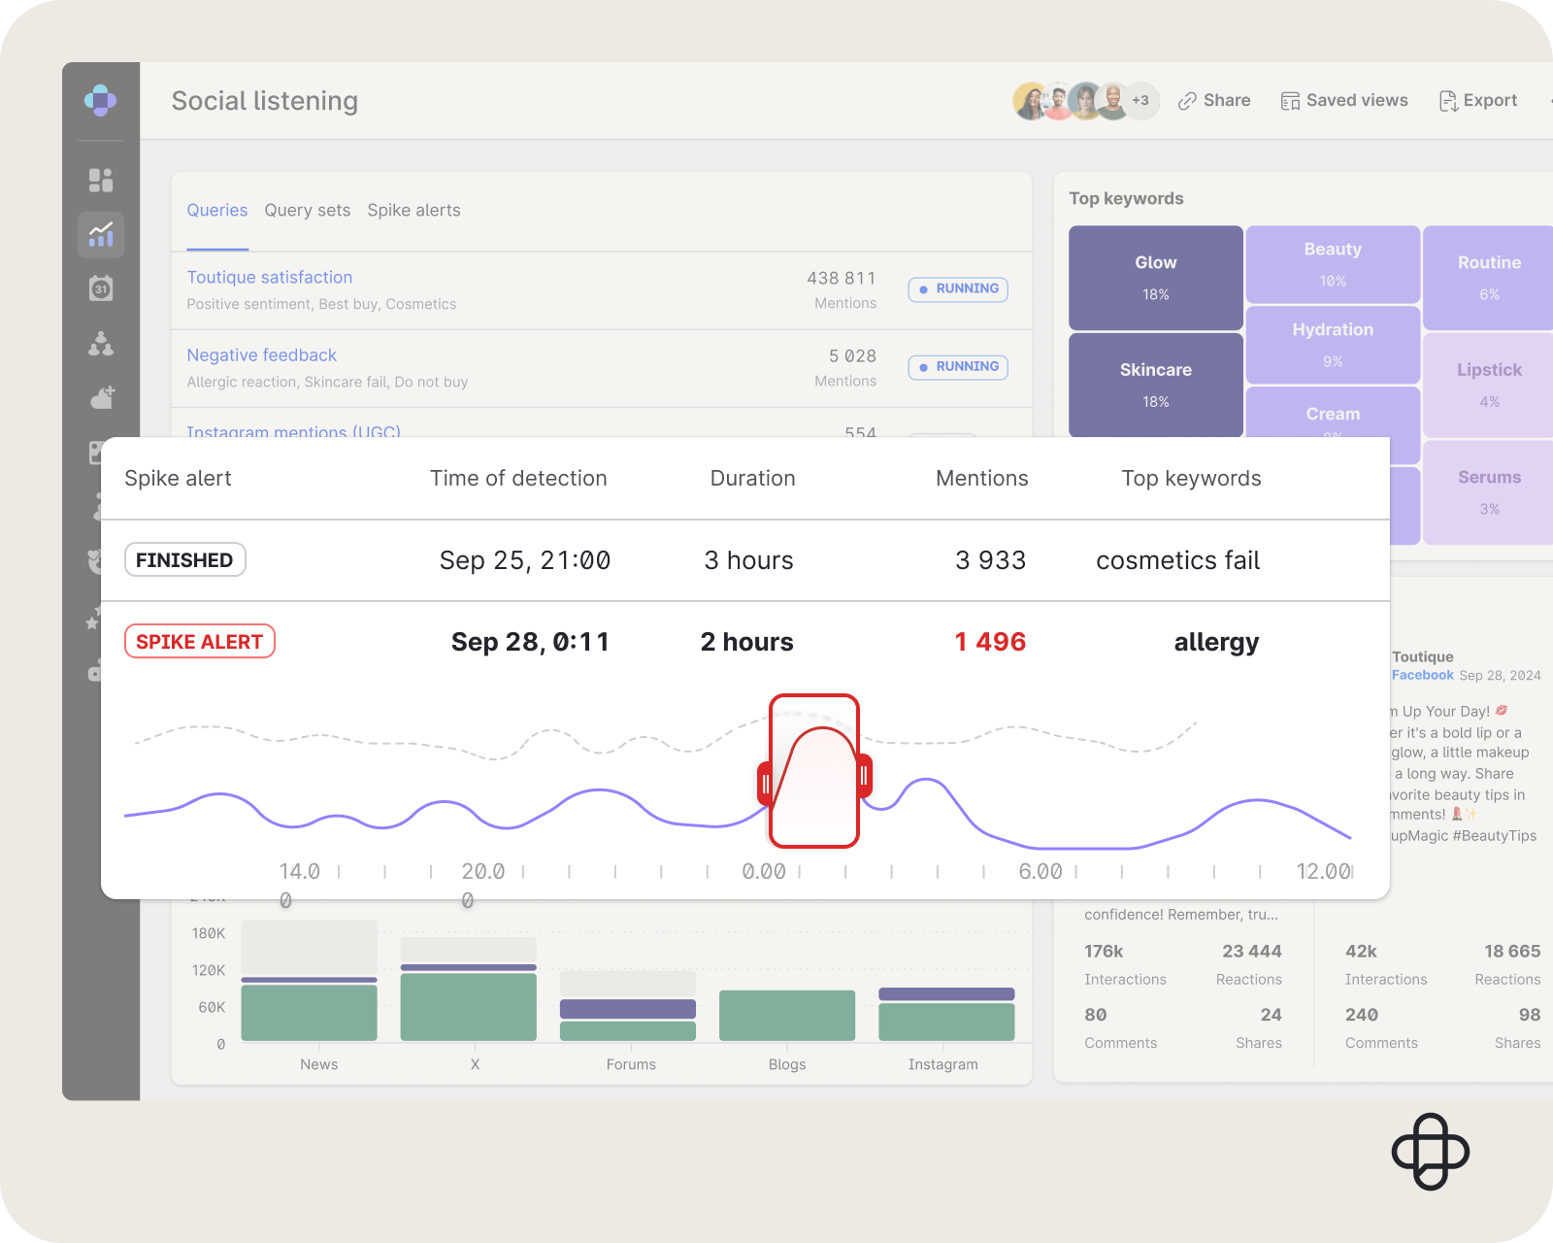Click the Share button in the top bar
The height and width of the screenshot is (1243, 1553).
tap(1214, 101)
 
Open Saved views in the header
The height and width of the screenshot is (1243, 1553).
tap(1344, 101)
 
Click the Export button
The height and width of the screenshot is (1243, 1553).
tap(1478, 101)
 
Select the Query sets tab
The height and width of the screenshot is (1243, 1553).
tap(307, 211)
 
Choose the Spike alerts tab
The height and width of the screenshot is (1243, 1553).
tap(413, 211)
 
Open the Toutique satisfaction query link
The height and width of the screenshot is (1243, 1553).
tap(270, 278)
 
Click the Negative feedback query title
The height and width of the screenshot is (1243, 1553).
tap(262, 355)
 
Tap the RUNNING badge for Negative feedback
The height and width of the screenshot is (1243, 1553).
tap(958, 367)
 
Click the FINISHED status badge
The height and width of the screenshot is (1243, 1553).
tap(184, 560)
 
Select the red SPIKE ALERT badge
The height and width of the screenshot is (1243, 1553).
tap(200, 642)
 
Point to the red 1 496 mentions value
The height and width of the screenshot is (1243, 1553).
tap(990, 642)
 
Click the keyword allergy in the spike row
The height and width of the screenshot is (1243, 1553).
tap(1216, 642)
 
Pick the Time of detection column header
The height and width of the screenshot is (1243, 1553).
tap(518, 479)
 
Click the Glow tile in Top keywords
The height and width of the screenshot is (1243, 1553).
tap(1155, 278)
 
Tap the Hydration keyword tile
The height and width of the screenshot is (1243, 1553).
tap(1333, 344)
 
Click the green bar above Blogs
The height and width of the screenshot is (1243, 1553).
tap(787, 1015)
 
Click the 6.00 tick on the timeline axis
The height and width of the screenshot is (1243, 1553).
tap(1041, 872)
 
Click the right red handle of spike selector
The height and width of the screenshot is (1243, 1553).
tap(864, 776)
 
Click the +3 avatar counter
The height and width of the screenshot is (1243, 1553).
tap(1140, 101)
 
